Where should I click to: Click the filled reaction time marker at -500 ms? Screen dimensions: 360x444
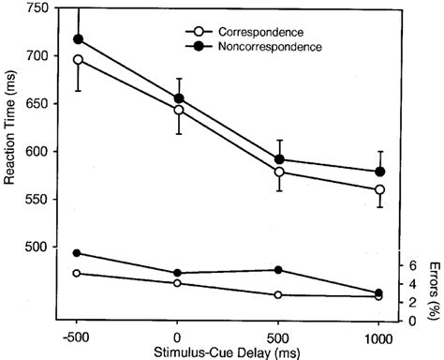78,39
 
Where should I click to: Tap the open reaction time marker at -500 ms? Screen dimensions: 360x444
78,60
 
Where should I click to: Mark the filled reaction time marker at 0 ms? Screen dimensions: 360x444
178,98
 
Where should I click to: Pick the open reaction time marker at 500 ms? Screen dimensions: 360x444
278,172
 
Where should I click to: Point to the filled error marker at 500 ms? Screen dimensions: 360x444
278,270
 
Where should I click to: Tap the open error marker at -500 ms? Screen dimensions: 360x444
78,273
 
